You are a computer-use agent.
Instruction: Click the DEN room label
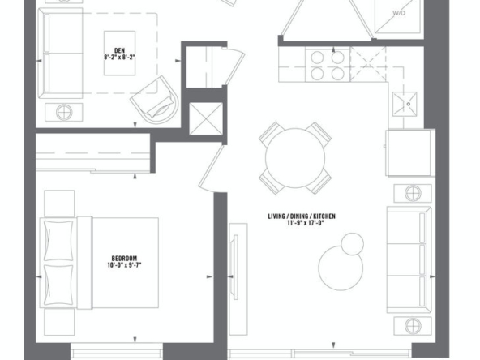coord(119,50)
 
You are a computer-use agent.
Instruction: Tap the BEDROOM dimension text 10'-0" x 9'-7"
coord(124,265)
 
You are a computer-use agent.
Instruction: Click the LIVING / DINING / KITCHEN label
coord(302,216)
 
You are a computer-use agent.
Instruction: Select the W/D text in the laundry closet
coord(399,13)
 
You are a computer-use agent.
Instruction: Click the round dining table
coord(295,158)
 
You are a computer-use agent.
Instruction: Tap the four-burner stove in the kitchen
coord(328,65)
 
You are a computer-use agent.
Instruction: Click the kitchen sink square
coord(405,104)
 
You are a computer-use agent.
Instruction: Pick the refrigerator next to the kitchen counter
coord(410,153)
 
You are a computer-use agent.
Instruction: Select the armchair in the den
coord(154,100)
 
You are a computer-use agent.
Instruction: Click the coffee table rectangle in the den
coord(119,53)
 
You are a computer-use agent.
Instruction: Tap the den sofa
coord(60,54)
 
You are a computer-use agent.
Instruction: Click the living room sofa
coord(409,260)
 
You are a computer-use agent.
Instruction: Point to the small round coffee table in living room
coord(353,244)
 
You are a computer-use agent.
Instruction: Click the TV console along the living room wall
coord(238,279)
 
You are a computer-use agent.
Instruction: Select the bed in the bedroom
coord(99,263)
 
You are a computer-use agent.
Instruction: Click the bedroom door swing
coord(210,169)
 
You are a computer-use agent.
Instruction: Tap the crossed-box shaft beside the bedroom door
coord(206,118)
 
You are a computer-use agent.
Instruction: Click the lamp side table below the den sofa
coord(64,113)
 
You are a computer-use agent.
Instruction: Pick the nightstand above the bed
coord(59,204)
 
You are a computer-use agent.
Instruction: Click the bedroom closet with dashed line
coord(93,153)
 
